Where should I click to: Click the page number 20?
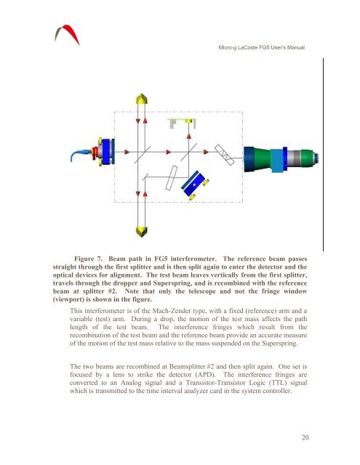pos(305,437)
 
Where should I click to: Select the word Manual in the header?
pos(296,47)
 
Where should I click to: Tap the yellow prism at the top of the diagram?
pos(142,99)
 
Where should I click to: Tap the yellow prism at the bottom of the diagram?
pos(142,232)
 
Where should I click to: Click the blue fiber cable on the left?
pos(79,155)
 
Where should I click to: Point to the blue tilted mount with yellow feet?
pos(195,185)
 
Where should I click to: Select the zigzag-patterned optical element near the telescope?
pos(225,155)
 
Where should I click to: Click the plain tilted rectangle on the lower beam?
pos(171,178)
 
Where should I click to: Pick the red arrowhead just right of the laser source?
pos(127,152)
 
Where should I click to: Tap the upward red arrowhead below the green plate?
pos(188,136)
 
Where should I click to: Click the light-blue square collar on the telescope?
pos(277,161)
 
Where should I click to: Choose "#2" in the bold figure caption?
pos(112,291)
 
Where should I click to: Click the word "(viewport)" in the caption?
pos(68,299)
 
